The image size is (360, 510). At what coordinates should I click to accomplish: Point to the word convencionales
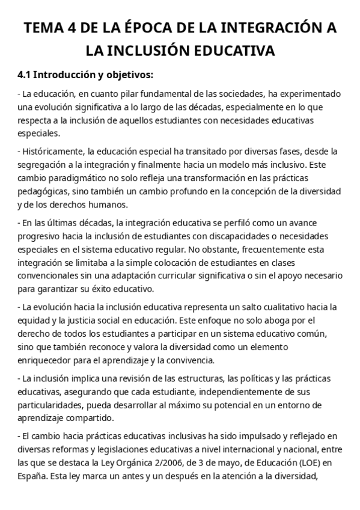[50, 275]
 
